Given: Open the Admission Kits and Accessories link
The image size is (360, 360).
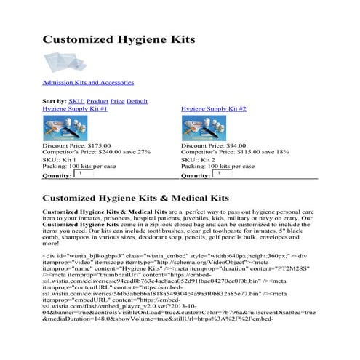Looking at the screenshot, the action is click(88, 84).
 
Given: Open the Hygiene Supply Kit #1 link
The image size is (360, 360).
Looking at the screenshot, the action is click(75, 108).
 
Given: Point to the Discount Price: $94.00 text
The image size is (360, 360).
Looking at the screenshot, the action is click(217, 145).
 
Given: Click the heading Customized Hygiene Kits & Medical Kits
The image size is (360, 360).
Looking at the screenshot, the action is click(136, 198).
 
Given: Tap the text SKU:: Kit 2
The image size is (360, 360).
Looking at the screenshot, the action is click(198, 159).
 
